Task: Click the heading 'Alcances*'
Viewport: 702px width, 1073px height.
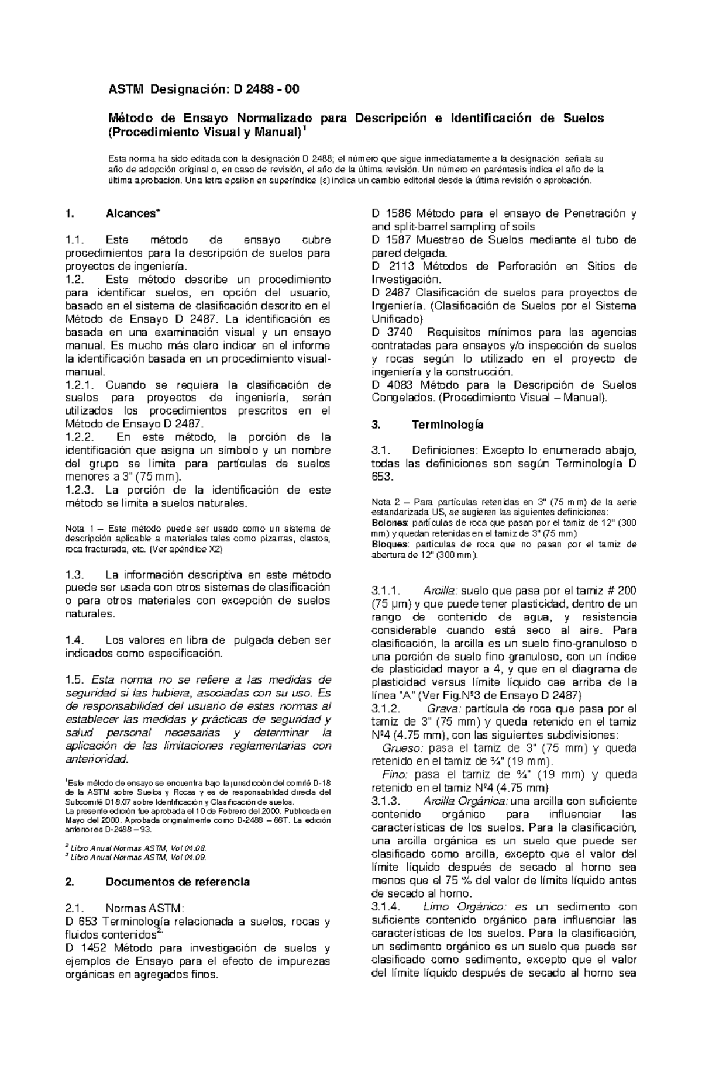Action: pyautogui.click(x=131, y=213)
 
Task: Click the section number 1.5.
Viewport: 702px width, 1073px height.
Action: pyautogui.click(x=75, y=679)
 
